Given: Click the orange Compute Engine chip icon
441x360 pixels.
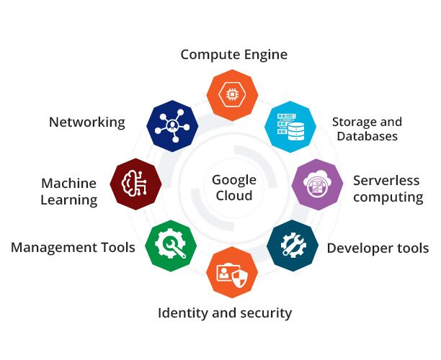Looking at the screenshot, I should coord(233,94).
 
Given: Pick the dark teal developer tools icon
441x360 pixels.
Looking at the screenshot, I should coord(293,246).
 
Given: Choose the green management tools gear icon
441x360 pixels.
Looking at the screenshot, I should coord(171,246).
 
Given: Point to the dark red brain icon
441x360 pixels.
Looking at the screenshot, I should coord(136,184).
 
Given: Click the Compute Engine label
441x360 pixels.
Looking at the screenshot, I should coord(233,54).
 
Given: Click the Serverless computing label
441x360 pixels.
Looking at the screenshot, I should coord(388,188).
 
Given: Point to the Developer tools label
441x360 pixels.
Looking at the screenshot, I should coord(378,248).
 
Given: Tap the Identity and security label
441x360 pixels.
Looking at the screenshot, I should coord(225,312).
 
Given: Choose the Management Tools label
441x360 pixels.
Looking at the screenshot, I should coord(73,248).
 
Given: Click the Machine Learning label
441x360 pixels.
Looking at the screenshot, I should coord(68,192).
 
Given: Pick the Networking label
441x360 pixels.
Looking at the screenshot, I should coord(86,122).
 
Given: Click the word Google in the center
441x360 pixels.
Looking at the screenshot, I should coord(233,180).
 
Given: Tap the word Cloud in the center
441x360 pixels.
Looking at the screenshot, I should coord(233,196).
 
